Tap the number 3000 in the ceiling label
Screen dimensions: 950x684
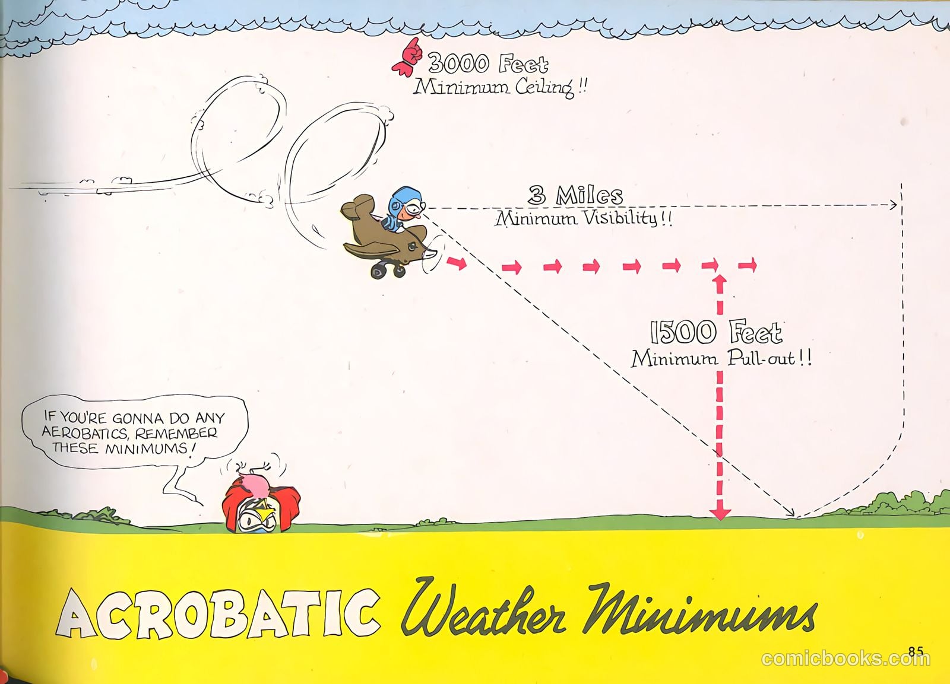(x=458, y=63)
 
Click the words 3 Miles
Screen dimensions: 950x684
(x=575, y=195)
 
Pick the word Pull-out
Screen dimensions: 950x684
(x=761, y=358)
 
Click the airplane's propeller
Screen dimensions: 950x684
(x=433, y=256)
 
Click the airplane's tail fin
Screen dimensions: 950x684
(x=359, y=207)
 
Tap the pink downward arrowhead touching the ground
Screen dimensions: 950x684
(x=720, y=514)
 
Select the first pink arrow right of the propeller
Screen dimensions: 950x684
(x=457, y=263)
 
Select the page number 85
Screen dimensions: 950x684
(x=917, y=651)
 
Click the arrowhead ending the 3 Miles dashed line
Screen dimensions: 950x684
(x=893, y=205)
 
